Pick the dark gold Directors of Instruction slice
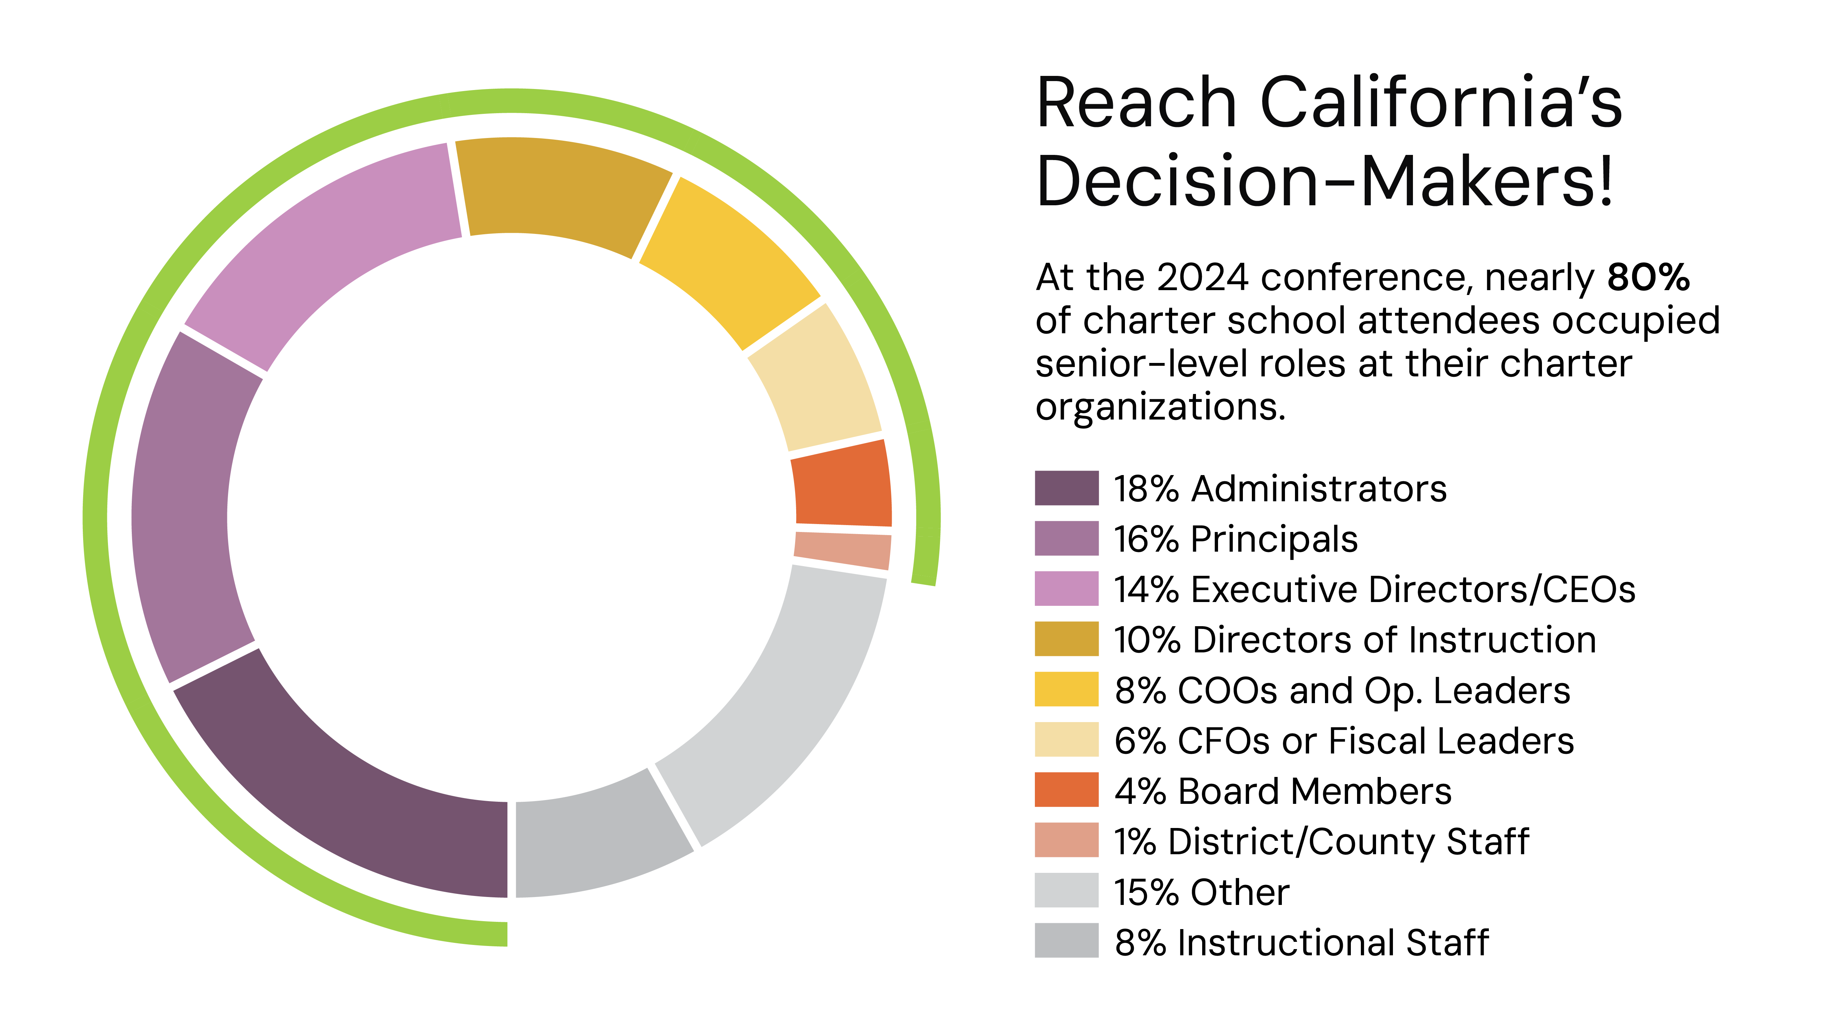pos(564,189)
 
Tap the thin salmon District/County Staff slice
pos(843,550)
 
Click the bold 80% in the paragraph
pos(1648,277)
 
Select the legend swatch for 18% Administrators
pos(1066,489)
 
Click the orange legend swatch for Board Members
pos(1066,790)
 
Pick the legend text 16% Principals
pos(1236,539)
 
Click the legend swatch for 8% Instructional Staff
pos(1066,941)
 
